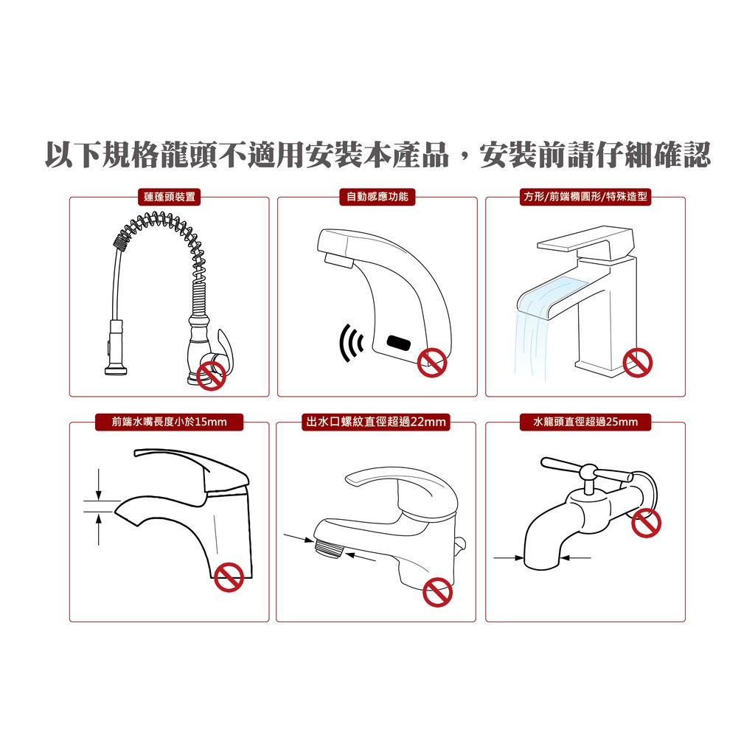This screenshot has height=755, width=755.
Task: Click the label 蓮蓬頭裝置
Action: (169, 197)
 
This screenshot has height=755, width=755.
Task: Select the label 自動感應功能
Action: (377, 197)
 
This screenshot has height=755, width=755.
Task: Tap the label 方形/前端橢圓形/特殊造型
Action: (585, 197)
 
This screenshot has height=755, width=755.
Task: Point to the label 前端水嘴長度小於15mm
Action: (169, 422)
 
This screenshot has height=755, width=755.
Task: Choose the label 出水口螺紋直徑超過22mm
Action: (376, 422)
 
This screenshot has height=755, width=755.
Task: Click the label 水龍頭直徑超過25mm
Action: (585, 422)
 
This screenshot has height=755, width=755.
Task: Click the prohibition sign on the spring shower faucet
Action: (212, 375)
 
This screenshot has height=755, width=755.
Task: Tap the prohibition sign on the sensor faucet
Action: (432, 363)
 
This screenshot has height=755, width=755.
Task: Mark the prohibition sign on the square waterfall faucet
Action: (638, 363)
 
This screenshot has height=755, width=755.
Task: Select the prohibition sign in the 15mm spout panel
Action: (229, 577)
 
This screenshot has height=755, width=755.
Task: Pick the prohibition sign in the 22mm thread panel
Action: (438, 592)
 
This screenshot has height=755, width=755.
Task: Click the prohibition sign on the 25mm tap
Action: (646, 523)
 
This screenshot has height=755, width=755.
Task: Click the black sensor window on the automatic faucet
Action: (399, 343)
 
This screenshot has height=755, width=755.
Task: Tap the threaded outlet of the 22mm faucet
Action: (328, 548)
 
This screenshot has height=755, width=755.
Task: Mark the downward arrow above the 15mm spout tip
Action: (99, 484)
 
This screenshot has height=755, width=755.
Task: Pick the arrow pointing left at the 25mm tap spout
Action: (575, 558)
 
